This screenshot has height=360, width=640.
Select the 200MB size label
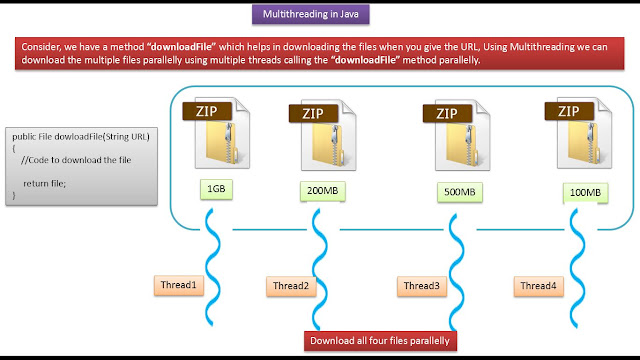(x=321, y=190)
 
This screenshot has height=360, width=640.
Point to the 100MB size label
(x=585, y=190)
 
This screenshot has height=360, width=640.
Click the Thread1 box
(x=179, y=285)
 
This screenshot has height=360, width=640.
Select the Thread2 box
(x=293, y=287)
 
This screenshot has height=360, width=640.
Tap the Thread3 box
(x=420, y=287)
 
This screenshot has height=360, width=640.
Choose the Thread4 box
(x=541, y=287)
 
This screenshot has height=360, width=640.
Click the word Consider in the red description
(x=43, y=47)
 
